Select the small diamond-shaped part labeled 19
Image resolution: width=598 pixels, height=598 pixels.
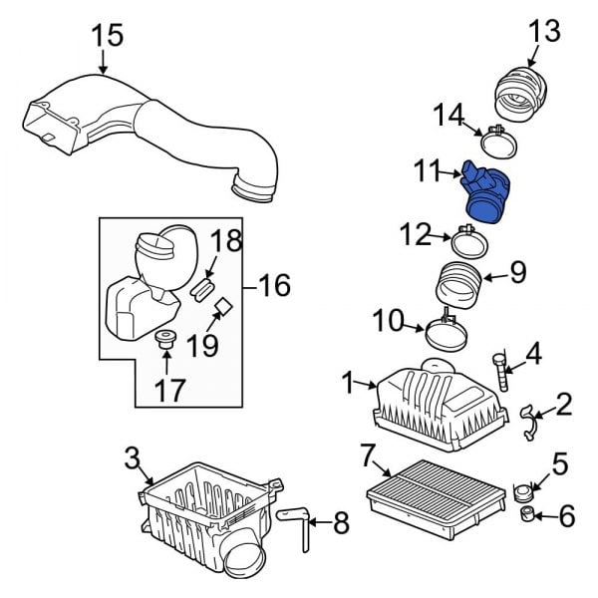pyautogui.click(x=224, y=307)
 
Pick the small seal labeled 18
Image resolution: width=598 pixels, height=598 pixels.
pyautogui.click(x=203, y=290)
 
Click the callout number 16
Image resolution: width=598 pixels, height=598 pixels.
pyautogui.click(x=274, y=287)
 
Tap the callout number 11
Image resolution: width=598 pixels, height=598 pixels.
pyautogui.click(x=427, y=173)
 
